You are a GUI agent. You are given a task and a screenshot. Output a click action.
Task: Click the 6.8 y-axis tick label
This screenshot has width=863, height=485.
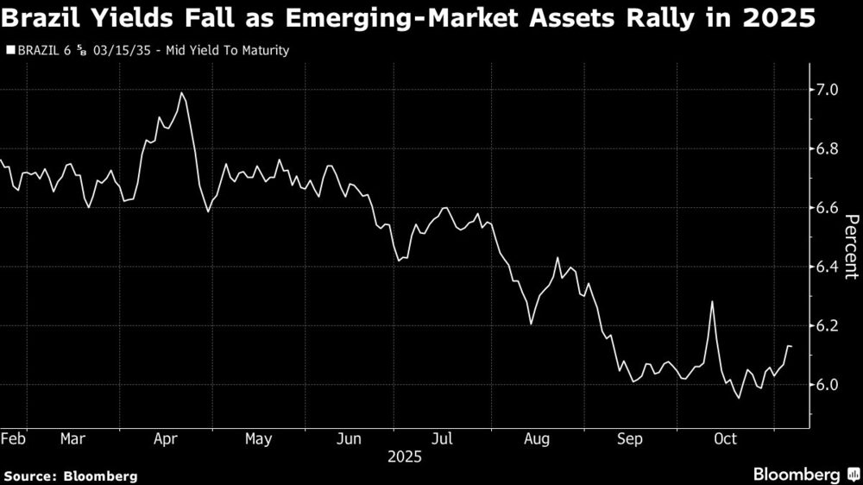pyautogui.click(x=828, y=149)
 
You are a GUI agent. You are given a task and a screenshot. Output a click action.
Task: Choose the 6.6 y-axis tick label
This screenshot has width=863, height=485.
pyautogui.click(x=828, y=208)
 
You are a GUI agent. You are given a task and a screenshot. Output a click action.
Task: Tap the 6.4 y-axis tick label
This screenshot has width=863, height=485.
pyautogui.click(x=828, y=267)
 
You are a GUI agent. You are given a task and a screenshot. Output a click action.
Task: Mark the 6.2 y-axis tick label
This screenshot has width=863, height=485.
pyautogui.click(x=828, y=326)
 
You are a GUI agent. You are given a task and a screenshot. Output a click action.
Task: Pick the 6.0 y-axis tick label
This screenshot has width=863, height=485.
pyautogui.click(x=828, y=385)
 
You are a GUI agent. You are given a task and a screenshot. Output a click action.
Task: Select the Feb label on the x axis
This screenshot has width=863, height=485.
pyautogui.click(x=13, y=439)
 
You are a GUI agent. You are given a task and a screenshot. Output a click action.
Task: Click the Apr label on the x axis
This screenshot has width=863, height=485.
pyautogui.click(x=166, y=439)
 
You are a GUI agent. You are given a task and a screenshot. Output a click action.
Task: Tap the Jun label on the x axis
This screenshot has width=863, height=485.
pyautogui.click(x=349, y=439)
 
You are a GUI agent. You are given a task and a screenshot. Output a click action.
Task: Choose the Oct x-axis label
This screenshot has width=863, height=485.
pyautogui.click(x=724, y=439)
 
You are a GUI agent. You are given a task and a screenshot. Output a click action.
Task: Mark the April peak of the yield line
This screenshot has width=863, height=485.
pyautogui.click(x=181, y=93)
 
